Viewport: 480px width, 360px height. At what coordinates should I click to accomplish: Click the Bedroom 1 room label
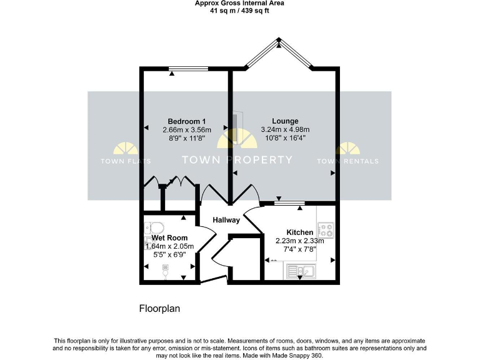pos(187,121)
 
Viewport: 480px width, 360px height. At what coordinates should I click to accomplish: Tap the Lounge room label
pos(284,121)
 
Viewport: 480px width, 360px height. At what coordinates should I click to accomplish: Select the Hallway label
pos(226,220)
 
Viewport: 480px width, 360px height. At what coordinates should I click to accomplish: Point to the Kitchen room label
pos(300,232)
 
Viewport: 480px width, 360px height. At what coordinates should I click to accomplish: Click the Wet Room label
pos(169,238)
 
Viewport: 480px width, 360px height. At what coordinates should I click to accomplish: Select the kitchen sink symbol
pos(302,271)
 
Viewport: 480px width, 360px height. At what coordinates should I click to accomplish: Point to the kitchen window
pos(289,202)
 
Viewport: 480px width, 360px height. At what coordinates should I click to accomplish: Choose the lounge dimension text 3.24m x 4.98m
pos(284,129)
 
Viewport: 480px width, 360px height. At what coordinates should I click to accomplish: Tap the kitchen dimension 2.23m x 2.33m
pos(300,241)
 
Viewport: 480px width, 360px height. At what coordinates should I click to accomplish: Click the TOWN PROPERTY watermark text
pos(237,159)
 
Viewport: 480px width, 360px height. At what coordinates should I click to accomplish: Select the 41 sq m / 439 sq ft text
pos(239,11)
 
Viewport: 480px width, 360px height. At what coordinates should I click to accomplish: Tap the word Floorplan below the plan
pos(159,309)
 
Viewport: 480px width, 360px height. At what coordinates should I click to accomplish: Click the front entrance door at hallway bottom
pos(212,279)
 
